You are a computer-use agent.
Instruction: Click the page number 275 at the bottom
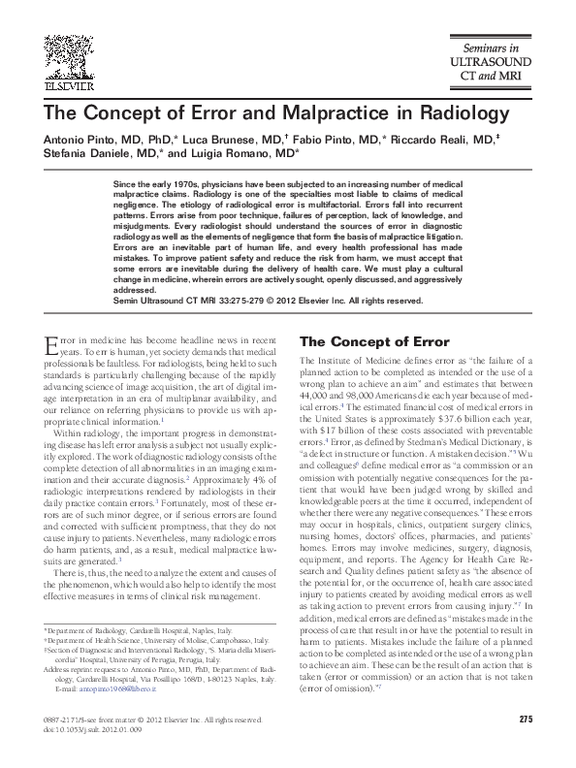click(527, 719)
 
